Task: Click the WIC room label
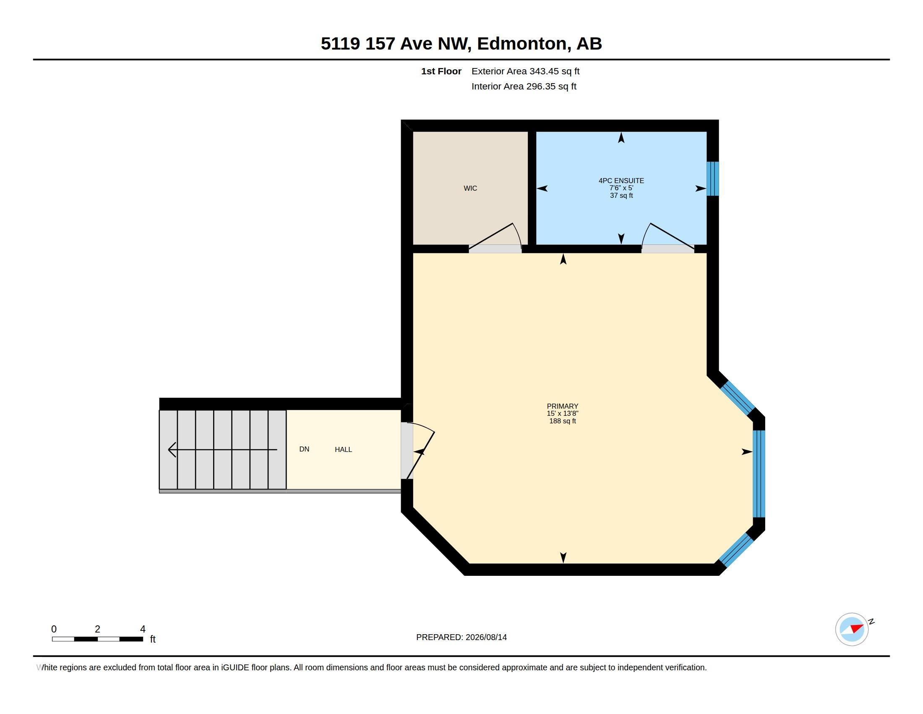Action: pyautogui.click(x=470, y=188)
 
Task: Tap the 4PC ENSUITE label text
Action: pyautogui.click(x=621, y=181)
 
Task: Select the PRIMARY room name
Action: pyautogui.click(x=562, y=406)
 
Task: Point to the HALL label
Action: pyautogui.click(x=343, y=450)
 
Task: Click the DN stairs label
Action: pyautogui.click(x=304, y=449)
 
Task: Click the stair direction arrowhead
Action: pyautogui.click(x=172, y=450)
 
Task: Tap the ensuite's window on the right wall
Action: pyautogui.click(x=712, y=178)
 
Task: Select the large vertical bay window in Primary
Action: pyautogui.click(x=759, y=474)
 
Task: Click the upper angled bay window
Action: pyautogui.click(x=738, y=398)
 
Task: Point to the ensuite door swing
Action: pyautogui.click(x=668, y=237)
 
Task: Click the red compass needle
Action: pyautogui.click(x=857, y=628)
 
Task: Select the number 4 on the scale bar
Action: pyautogui.click(x=143, y=629)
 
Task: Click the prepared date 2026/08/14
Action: pyautogui.click(x=486, y=637)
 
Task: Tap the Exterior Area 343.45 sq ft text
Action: pyautogui.click(x=525, y=71)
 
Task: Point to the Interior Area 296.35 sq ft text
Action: pyautogui.click(x=524, y=86)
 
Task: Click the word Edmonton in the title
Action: pyautogui.click(x=522, y=44)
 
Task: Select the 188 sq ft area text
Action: pyautogui.click(x=562, y=421)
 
